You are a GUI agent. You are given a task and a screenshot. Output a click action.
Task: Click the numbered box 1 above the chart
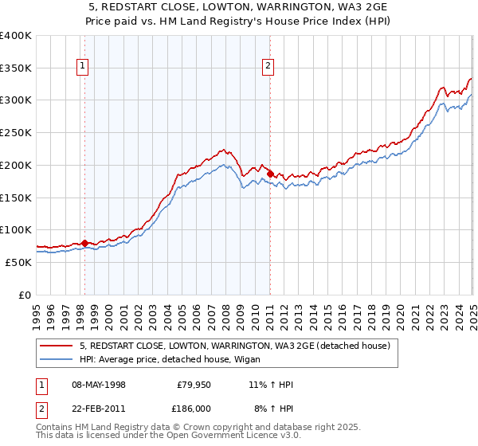(83, 67)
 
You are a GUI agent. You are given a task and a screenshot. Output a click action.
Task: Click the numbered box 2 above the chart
(268, 67)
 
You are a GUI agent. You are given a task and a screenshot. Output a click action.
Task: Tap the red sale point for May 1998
(84, 243)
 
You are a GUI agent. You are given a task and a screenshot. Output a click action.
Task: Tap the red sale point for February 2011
(270, 174)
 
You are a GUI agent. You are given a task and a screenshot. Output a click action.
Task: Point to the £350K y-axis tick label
(16, 68)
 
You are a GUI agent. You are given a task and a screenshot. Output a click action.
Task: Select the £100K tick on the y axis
(16, 229)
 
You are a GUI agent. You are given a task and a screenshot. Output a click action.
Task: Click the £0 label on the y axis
(25, 295)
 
